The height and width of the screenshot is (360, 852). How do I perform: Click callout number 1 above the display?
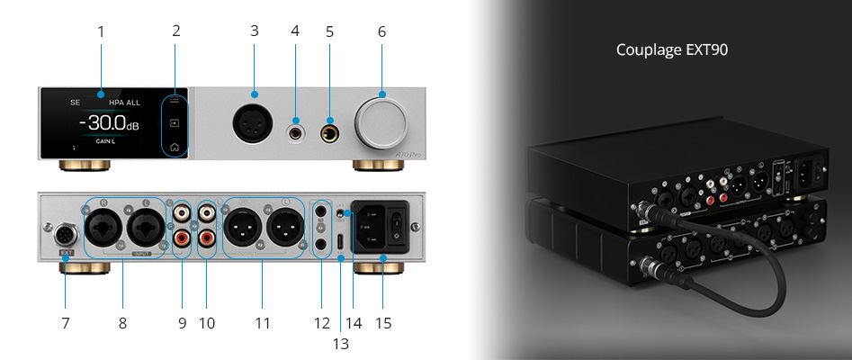click(x=101, y=31)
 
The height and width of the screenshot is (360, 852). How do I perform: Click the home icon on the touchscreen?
click(x=175, y=146)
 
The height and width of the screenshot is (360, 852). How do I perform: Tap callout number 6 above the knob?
click(x=381, y=31)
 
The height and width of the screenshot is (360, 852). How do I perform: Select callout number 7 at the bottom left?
click(x=66, y=322)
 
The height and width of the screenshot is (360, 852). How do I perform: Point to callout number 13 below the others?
click(x=340, y=343)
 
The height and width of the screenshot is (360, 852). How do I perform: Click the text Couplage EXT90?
click(x=671, y=50)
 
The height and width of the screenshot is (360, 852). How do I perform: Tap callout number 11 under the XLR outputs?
click(x=261, y=322)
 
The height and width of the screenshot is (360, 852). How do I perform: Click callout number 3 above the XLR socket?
click(x=255, y=31)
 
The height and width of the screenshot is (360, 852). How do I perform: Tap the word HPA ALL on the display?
click(x=126, y=102)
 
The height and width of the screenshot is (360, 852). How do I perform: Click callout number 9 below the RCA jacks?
click(x=182, y=322)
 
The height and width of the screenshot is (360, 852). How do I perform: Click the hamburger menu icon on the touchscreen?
click(x=175, y=102)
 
